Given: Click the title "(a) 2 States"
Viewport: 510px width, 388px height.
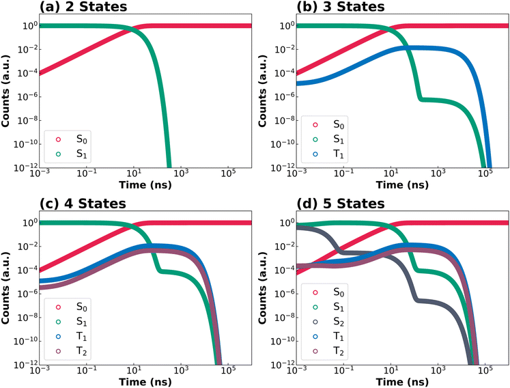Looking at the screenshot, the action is tap(83, 7).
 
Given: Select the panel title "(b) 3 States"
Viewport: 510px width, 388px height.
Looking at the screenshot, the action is tap(341, 7).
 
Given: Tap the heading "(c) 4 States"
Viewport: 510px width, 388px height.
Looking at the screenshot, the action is tap(83, 204).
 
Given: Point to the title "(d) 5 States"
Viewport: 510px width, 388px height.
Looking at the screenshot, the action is tap(341, 204).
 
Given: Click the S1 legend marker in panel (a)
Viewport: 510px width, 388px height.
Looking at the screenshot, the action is tap(58, 154).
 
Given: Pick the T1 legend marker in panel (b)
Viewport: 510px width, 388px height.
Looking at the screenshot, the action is tap(315, 154).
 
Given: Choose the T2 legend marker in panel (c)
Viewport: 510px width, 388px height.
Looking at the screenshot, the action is tap(58, 351).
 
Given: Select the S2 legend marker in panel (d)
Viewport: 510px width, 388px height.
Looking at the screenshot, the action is tap(315, 322).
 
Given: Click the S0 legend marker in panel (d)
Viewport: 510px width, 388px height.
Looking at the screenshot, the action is tap(315, 292).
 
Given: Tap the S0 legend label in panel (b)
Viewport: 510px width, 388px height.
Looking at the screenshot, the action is tap(339, 125).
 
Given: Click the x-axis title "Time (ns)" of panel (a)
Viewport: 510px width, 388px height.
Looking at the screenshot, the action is tap(145, 185).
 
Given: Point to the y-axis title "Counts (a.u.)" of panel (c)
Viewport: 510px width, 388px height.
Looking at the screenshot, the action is tap(5, 288).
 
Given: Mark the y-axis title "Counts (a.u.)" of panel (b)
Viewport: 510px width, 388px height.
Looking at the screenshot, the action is tap(262, 91).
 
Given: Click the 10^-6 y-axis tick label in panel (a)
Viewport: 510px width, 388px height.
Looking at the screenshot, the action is tap(27, 97).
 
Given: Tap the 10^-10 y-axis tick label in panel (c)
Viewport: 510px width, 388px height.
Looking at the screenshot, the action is tap(25, 341).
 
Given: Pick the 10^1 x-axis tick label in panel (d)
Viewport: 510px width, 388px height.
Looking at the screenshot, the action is tap(391, 370).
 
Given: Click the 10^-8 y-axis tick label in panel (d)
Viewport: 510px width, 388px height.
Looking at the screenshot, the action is tap(283, 318).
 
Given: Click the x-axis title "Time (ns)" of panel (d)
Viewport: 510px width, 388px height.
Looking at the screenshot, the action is tap(402, 381).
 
